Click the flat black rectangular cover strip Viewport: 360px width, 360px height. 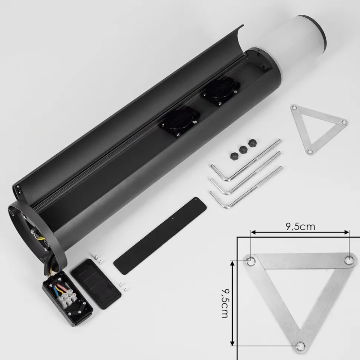pos(160,235)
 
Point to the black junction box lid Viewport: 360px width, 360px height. pos(96,284)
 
